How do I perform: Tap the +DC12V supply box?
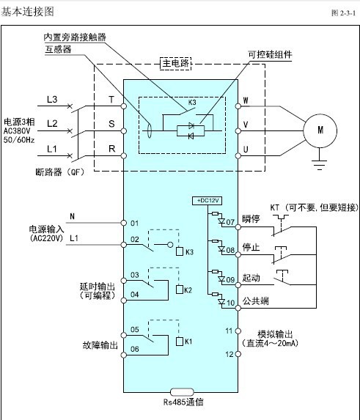[x=207, y=201]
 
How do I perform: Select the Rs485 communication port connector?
[x=182, y=392]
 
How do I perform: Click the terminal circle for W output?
[x=238, y=106]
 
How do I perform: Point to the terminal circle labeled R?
[x=123, y=155]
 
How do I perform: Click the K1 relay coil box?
[x=180, y=342]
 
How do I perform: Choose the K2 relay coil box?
[x=180, y=290]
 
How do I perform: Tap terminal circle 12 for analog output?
[x=238, y=354]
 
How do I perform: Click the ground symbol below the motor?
[x=319, y=164]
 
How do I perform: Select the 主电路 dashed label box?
[x=176, y=64]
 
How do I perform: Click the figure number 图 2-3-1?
[x=344, y=13]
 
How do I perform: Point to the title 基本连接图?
[x=27, y=12]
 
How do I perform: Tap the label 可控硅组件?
[x=270, y=54]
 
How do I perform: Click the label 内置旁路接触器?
[x=75, y=37]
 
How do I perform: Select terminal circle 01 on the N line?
[x=123, y=223]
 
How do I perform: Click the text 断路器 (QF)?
[x=59, y=172]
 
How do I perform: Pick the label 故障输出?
[x=100, y=345]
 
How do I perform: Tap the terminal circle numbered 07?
[x=238, y=227]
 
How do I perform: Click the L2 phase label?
[x=52, y=123]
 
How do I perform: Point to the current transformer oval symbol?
[x=150, y=130]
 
